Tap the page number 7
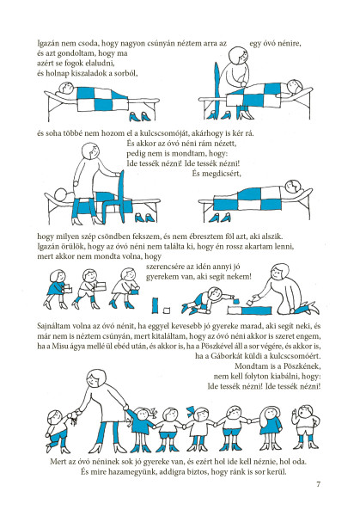(x=318, y=484)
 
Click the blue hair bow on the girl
(x=192, y=410)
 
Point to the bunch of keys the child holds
(x=71, y=418)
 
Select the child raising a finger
(x=305, y=427)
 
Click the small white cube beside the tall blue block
(x=167, y=310)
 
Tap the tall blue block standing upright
(x=156, y=305)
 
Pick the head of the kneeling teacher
(x=278, y=271)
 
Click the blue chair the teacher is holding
(x=115, y=198)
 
